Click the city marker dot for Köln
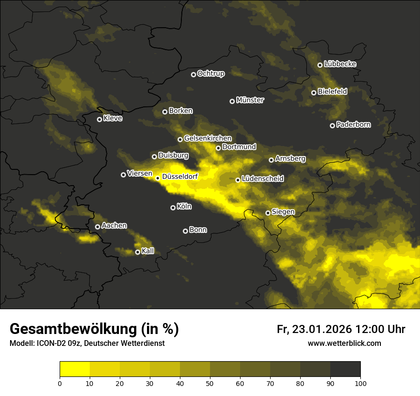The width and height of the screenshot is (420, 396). (x=173, y=208)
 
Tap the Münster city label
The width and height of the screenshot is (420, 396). (x=250, y=100)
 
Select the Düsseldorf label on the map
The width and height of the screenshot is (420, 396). (x=180, y=177)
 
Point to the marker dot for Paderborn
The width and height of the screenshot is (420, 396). (x=332, y=125)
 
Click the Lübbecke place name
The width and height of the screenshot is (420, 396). (x=340, y=64)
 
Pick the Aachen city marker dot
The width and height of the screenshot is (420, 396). (x=97, y=227)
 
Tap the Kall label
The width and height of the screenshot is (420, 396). (x=148, y=251)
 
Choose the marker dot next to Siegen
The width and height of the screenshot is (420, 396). (x=268, y=213)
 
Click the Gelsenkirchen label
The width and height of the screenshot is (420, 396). (x=208, y=138)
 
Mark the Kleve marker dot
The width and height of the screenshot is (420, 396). (x=99, y=119)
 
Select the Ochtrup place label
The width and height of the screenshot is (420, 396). (x=210, y=73)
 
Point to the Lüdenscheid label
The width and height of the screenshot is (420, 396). (x=262, y=179)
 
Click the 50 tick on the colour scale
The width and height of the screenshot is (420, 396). (x=210, y=383)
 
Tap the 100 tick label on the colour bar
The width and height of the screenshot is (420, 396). (x=360, y=383)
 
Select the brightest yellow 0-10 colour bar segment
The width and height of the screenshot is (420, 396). (x=75, y=369)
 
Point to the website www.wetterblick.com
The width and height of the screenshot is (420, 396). (x=344, y=343)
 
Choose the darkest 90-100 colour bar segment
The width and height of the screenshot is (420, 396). (x=345, y=369)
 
